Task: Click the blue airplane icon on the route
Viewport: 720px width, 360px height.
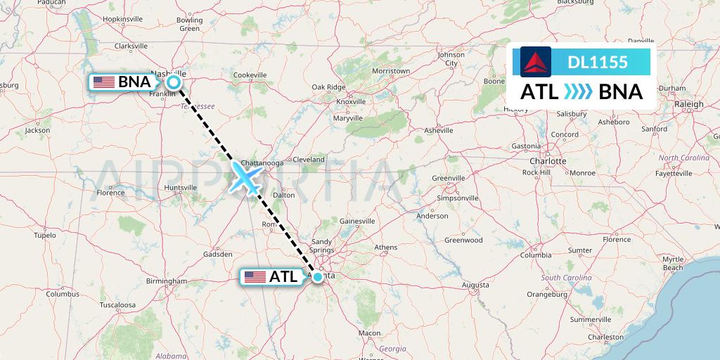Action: pyautogui.click(x=245, y=179)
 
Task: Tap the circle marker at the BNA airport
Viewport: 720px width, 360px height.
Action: pyautogui.click(x=174, y=82)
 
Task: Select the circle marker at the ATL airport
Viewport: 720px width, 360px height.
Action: pyautogui.click(x=318, y=276)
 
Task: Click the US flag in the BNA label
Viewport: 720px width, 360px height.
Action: pyautogui.click(x=104, y=82)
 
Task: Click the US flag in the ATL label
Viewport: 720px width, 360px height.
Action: pyautogui.click(x=255, y=277)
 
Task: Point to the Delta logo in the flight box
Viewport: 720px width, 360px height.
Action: pyautogui.click(x=535, y=62)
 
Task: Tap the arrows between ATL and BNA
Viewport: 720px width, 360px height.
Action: pyautogui.click(x=577, y=92)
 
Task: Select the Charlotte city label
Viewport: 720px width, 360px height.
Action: pyautogui.click(x=548, y=160)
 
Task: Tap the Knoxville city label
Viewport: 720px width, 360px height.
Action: pyautogui.click(x=351, y=101)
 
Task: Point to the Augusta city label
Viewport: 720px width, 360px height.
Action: pyautogui.click(x=475, y=285)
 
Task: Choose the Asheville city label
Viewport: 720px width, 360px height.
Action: pyautogui.click(x=439, y=130)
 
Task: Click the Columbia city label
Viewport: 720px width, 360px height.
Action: pyautogui.click(x=535, y=255)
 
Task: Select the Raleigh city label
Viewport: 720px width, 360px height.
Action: pyautogui.click(x=688, y=104)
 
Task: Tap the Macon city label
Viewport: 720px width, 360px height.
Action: pyautogui.click(x=369, y=333)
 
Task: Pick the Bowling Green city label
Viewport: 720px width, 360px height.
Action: pyautogui.click(x=189, y=25)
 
